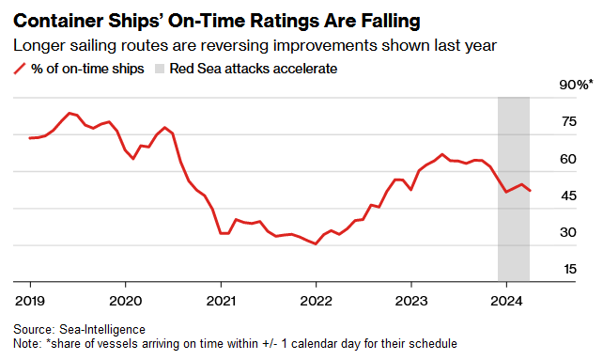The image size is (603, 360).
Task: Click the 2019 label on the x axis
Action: pos(30,301)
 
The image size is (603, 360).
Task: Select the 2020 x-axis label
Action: pos(125,301)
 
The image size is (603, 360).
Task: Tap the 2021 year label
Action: pos(221,301)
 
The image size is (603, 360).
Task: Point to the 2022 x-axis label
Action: pos(316,301)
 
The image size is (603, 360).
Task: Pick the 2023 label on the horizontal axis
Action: pos(411,301)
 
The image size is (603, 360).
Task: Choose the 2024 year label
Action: pos(506,301)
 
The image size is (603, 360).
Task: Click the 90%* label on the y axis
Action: pos(576,85)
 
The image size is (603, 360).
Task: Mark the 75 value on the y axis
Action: pos(569,121)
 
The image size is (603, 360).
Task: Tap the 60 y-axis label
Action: pos(568,159)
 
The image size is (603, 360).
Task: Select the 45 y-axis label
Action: pos(569,196)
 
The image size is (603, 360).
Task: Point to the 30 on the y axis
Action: pos(568,232)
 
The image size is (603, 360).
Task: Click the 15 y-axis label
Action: pos(570,269)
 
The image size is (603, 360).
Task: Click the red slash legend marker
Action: pos(20,69)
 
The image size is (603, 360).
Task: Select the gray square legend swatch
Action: pos(160,69)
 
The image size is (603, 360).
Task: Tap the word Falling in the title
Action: pos(391,22)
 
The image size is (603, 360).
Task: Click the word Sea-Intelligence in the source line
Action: pos(102,330)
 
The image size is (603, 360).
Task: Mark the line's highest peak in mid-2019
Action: pos(70,113)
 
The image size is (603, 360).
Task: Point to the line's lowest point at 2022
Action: pos(316,243)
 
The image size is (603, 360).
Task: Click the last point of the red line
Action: pos(531,191)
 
